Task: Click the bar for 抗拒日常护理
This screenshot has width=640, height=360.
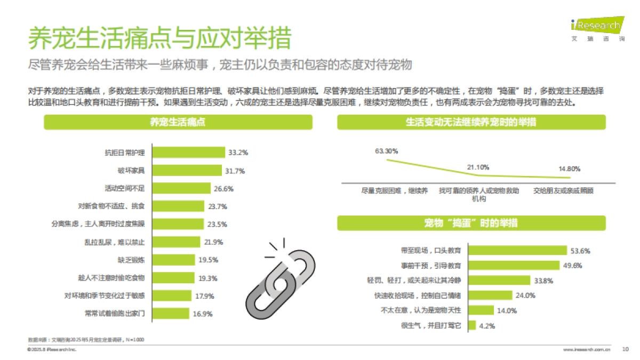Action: tap(188, 153)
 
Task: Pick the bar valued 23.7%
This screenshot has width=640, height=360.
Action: tap(179, 206)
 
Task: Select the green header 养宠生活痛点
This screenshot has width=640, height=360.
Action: tap(178, 123)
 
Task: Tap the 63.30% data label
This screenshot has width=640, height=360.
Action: tap(386, 151)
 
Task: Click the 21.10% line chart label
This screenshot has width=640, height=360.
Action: tap(478, 167)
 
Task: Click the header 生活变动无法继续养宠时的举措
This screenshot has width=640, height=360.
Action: tap(471, 123)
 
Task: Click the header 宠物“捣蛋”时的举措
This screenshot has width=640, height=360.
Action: tap(471, 223)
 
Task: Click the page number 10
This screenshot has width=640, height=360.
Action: tap(626, 349)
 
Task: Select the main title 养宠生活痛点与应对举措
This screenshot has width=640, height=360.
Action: tap(159, 38)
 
